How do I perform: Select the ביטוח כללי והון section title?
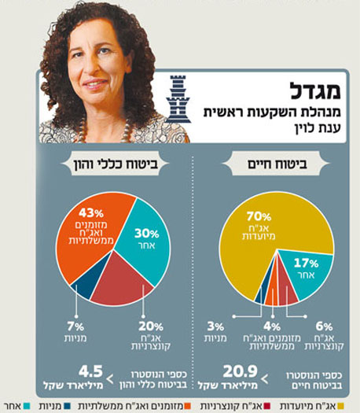[112, 166]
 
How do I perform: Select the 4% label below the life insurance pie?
[270, 329]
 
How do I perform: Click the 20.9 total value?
[233, 371]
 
